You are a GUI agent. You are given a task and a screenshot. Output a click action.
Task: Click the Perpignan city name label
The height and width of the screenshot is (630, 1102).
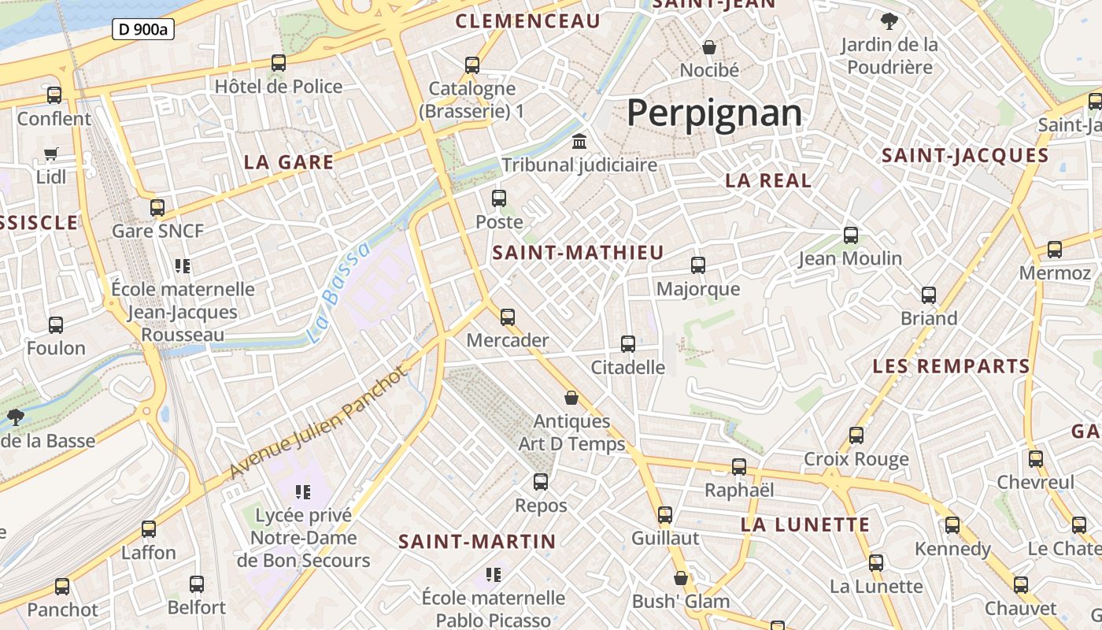714,113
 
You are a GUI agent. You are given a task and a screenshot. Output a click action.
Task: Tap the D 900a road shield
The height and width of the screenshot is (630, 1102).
142,30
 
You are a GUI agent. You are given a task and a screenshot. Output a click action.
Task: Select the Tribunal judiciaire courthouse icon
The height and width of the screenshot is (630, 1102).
580,142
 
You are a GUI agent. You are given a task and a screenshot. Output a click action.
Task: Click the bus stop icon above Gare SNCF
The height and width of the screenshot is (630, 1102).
157,208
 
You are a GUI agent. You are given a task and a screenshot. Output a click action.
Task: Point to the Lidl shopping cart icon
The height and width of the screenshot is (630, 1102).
51,154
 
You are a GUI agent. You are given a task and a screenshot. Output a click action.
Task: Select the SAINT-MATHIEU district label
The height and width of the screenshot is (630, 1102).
578,253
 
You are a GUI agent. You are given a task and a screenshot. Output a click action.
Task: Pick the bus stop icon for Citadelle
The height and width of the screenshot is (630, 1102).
627,344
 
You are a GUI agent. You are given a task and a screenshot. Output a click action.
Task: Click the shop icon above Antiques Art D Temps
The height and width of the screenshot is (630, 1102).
571,398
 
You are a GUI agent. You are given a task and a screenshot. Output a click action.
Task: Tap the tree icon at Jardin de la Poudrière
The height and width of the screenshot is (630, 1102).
889,21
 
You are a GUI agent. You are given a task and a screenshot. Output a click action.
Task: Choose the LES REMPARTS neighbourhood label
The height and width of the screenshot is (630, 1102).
951,366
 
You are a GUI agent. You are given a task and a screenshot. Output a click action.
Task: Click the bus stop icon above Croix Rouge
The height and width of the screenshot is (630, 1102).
856,435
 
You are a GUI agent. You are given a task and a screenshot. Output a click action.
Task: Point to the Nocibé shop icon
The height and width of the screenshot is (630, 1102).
709,47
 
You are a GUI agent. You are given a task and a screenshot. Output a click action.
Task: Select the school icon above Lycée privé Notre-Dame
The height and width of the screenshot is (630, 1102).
302,492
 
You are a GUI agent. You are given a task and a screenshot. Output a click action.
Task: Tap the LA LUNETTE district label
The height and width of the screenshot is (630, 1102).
805,524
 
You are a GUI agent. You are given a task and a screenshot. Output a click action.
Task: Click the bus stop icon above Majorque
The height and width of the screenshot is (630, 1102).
698,265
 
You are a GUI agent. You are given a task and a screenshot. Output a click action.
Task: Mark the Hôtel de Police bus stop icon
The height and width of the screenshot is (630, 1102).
279,63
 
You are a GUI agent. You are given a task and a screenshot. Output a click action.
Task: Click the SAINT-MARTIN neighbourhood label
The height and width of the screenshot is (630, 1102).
477,542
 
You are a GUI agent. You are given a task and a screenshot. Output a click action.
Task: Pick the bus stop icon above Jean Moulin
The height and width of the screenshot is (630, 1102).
850,235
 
